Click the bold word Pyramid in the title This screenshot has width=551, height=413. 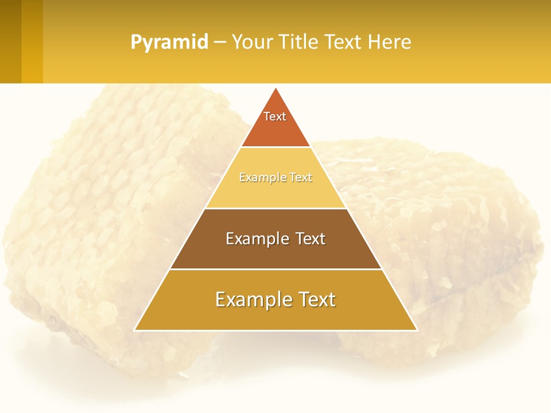click(x=169, y=42)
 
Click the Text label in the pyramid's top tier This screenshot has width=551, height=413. click(x=275, y=116)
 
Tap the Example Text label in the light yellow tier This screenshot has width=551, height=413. click(x=275, y=178)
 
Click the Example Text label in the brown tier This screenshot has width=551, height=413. click(x=275, y=239)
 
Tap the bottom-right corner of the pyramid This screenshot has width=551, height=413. click(x=416, y=330)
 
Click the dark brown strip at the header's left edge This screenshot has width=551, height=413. click(x=10, y=41)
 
